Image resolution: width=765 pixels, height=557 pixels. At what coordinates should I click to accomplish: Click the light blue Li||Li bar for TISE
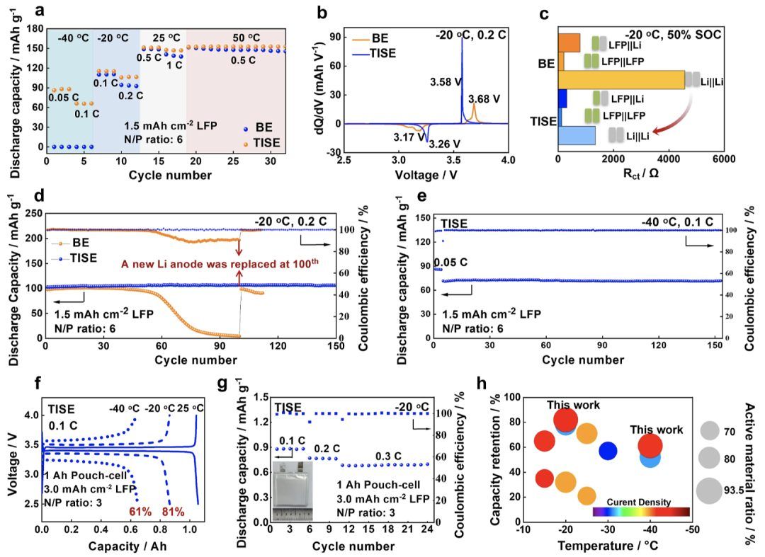[x=577, y=135]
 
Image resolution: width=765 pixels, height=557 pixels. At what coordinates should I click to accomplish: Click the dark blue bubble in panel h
[x=608, y=450]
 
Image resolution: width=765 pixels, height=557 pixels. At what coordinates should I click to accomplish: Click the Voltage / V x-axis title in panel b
[x=426, y=177]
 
